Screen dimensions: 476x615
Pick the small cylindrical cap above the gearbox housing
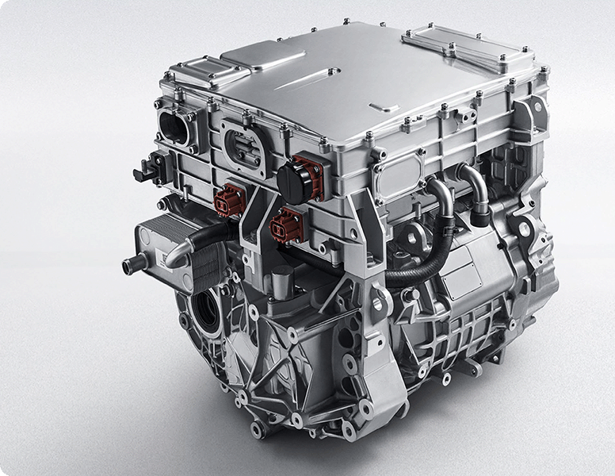tap(281, 278)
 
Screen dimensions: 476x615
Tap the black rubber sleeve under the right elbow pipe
tap(480, 209)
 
